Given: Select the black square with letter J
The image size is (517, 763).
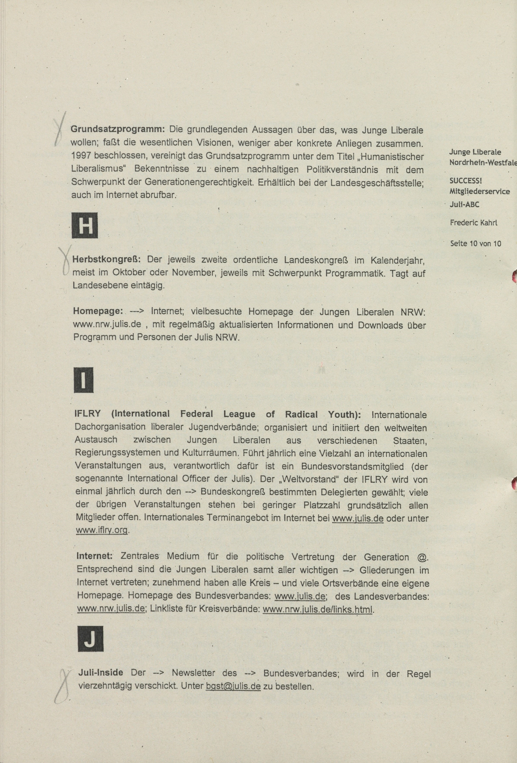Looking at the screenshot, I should pyautogui.click(x=90, y=639).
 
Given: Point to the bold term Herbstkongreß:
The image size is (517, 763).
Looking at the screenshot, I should pyautogui.click(x=106, y=260).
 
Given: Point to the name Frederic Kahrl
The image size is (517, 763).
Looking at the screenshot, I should pyautogui.click(x=474, y=223).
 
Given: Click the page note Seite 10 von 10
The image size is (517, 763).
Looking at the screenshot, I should pyautogui.click(x=476, y=244).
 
